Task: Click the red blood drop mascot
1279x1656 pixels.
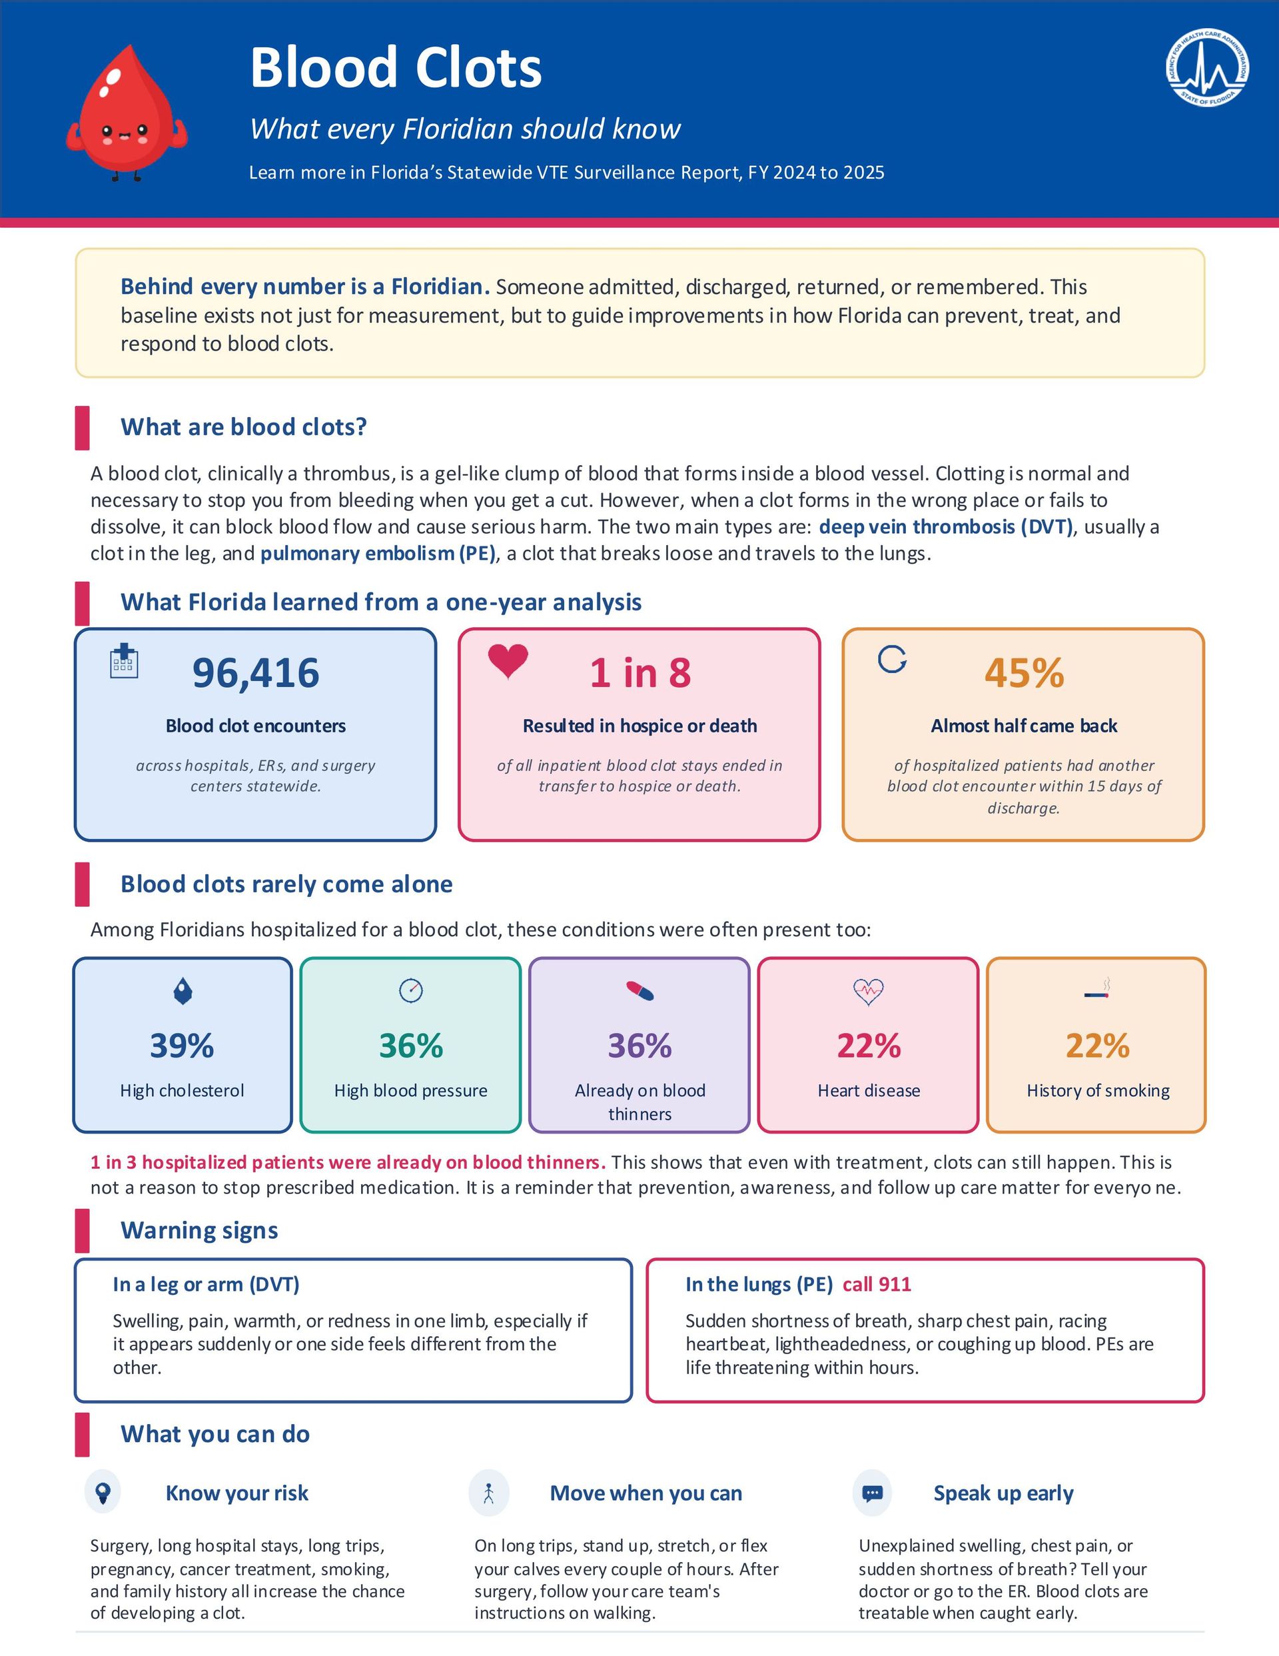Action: pos(127,112)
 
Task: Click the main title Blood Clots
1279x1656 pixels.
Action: pos(396,67)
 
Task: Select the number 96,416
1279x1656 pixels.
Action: pos(256,672)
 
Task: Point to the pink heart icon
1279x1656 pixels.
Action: pos(508,660)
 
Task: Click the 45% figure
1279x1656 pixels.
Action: pos(1025,672)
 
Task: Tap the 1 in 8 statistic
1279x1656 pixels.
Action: pos(640,672)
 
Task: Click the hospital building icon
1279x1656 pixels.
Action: pos(124,660)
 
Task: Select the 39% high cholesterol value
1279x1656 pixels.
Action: pos(182,1046)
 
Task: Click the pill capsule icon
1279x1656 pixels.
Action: pos(640,991)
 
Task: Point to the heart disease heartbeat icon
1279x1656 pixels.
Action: pos(869,991)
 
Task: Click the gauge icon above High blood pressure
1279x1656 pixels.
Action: pos(411,990)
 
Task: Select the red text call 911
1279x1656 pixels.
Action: pos(877,1283)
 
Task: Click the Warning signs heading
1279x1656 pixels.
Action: pos(199,1230)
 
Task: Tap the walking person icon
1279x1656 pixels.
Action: pos(489,1493)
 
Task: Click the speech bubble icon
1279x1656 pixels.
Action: pos(873,1493)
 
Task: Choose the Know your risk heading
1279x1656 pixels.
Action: pos(237,1493)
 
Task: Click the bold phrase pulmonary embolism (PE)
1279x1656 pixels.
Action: pos(378,554)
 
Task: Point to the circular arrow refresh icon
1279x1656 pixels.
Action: pos(893,660)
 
